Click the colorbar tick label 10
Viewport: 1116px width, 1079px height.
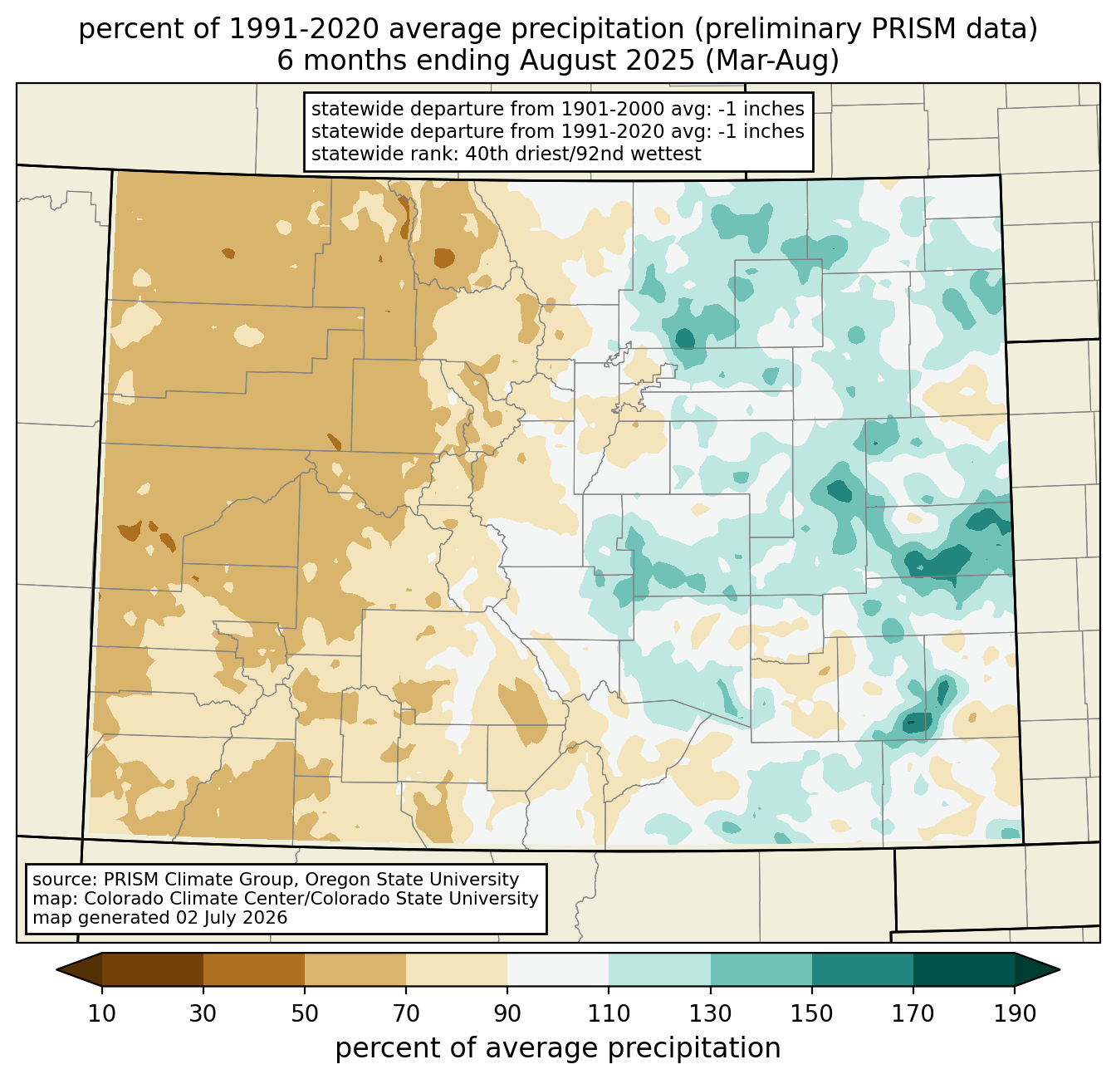[101, 1013]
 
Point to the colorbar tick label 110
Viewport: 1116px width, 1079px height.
[609, 1013]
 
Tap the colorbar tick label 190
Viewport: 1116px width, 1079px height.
[1015, 1013]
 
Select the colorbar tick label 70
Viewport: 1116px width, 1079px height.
[406, 1013]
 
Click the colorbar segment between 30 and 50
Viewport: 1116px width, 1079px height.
[253, 969]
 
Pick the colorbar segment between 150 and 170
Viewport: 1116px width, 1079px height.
[862, 969]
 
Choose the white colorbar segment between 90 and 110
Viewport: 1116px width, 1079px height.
[558, 969]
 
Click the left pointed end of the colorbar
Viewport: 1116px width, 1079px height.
[56, 969]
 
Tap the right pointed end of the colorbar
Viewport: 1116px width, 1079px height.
[1060, 969]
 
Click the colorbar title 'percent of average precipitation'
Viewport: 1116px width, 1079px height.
[557, 1048]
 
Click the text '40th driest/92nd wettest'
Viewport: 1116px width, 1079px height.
[583, 154]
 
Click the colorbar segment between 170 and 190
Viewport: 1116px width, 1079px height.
[963, 969]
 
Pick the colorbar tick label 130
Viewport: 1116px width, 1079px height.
[710, 1013]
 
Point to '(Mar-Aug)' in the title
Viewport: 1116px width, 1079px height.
[772, 61]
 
